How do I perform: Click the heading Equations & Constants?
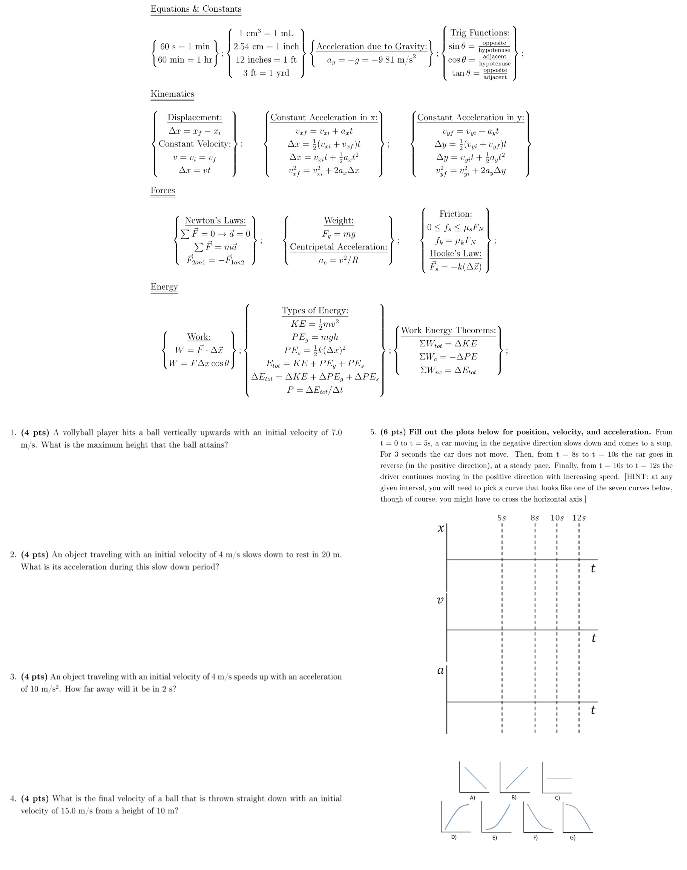click(x=196, y=9)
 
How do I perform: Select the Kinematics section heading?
click(x=172, y=94)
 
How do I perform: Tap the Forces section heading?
click(x=163, y=191)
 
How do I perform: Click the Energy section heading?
click(x=164, y=287)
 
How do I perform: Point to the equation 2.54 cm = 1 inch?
click(x=266, y=47)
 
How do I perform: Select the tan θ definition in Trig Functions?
click(x=478, y=73)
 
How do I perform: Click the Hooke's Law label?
click(x=455, y=254)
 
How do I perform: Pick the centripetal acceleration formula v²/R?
click(x=338, y=260)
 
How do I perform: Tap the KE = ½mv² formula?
click(x=314, y=324)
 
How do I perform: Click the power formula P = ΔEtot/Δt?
click(x=314, y=390)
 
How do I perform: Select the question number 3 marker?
click(x=13, y=677)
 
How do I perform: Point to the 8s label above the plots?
click(x=534, y=518)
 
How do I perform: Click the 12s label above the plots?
click(x=579, y=518)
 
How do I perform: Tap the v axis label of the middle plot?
click(x=440, y=600)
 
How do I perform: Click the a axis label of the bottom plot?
click(x=440, y=670)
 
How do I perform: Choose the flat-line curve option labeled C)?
click(x=557, y=778)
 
